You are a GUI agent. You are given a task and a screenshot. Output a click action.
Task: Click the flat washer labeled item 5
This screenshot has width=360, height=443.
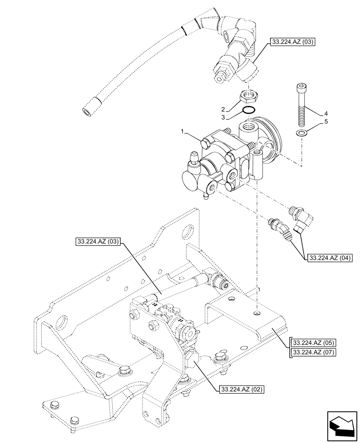tap(301, 132)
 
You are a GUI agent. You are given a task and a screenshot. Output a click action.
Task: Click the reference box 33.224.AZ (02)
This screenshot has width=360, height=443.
tap(241, 389)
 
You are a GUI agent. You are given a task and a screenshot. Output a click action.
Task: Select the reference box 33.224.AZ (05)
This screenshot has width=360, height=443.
tap(313, 342)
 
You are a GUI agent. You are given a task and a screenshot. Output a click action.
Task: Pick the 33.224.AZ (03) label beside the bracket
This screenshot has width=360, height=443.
tap(98, 242)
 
